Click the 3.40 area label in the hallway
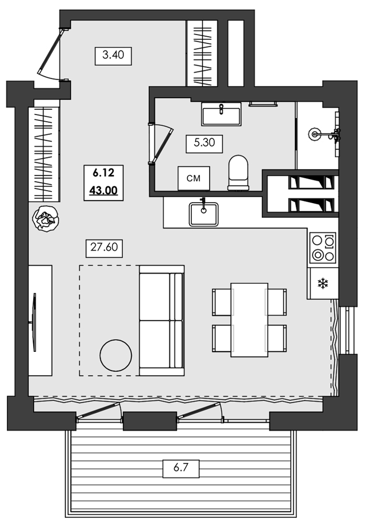coord(113,56)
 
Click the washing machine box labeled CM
coord(193,178)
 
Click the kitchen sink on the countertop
coord(203,213)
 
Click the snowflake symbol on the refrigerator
coord(322,284)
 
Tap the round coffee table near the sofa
coord(116,356)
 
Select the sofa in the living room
coord(161,320)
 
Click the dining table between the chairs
coord(249,319)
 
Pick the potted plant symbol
coord(46,218)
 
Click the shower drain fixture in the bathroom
coord(315,133)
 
